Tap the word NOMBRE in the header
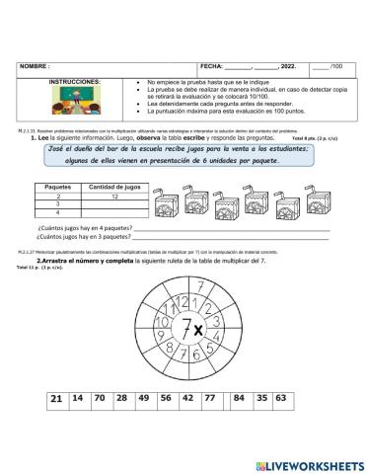click(35, 66)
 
